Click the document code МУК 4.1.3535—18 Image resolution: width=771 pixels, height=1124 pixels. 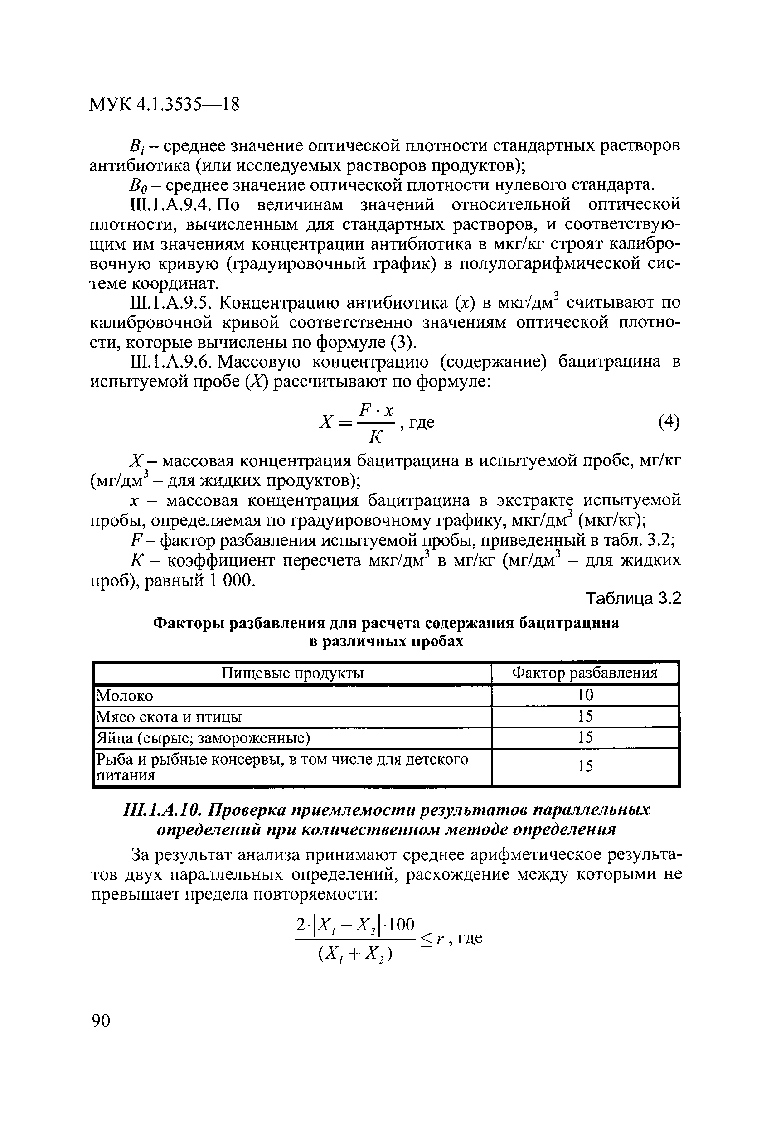point(165,104)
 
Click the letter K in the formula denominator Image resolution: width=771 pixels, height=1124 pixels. point(375,438)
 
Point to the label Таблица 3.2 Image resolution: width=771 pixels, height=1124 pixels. point(633,599)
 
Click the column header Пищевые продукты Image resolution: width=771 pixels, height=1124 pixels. point(292,673)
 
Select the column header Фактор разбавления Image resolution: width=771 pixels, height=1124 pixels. point(585,673)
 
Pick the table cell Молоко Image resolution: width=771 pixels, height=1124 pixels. point(125,696)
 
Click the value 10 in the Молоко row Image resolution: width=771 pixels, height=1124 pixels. point(585,696)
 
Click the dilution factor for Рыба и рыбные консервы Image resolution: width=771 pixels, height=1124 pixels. point(585,766)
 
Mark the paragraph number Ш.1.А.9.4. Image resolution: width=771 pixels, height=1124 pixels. point(170,205)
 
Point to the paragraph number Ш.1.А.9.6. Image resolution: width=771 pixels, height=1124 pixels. point(170,362)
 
